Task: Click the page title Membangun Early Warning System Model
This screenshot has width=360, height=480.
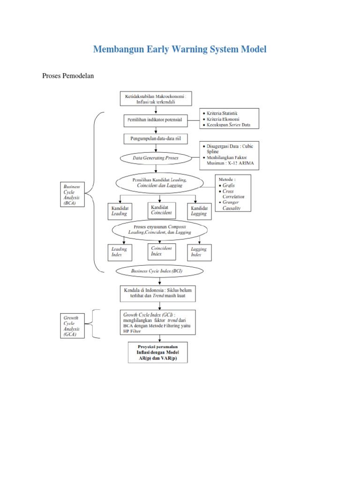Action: click(180, 49)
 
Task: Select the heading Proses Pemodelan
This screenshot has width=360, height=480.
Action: click(68, 75)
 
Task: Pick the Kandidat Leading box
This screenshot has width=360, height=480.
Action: click(120, 210)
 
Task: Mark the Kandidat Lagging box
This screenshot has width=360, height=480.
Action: click(199, 210)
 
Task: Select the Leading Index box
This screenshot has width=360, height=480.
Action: click(120, 252)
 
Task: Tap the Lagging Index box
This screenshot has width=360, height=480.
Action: click(199, 252)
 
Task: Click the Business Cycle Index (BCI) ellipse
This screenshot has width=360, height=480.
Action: click(160, 271)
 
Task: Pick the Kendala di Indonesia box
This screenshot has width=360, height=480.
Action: click(158, 293)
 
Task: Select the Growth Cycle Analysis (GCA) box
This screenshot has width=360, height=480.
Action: click(72, 326)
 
